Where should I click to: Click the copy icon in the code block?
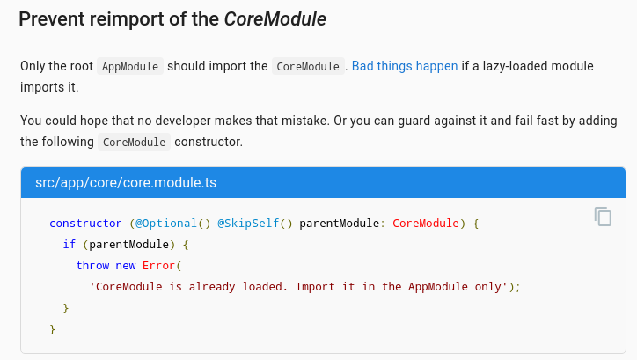coord(603,217)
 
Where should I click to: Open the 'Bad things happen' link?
coord(405,67)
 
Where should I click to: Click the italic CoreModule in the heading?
coord(275,19)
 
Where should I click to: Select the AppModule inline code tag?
coord(130,67)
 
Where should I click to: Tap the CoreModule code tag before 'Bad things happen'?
coord(307,67)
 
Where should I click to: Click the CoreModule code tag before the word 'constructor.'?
coord(134,142)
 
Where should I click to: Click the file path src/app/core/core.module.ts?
coord(126,183)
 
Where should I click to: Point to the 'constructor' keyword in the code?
coord(85,224)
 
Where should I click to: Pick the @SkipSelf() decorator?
coord(254,224)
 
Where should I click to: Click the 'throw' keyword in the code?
coord(92,265)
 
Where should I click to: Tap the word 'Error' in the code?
coord(158,265)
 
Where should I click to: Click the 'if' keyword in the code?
coord(69,244)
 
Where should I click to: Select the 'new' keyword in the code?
coord(126,265)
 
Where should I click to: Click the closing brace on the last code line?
coord(53,328)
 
